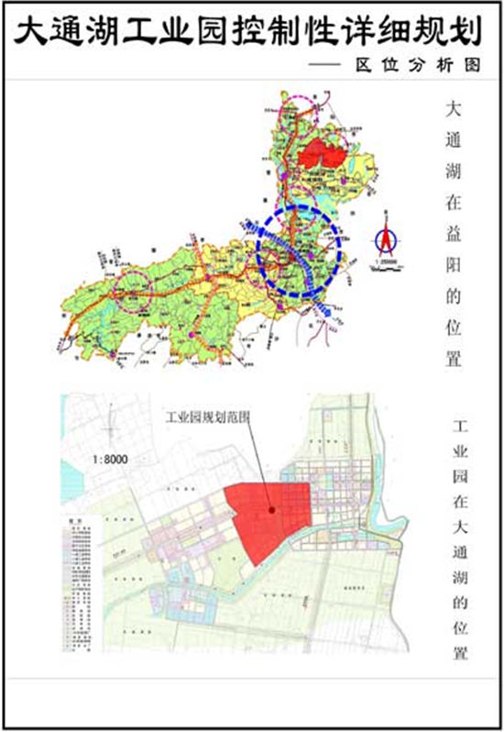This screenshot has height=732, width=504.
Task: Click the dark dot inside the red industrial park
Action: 271,510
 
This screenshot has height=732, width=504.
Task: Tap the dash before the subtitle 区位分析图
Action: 325,65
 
